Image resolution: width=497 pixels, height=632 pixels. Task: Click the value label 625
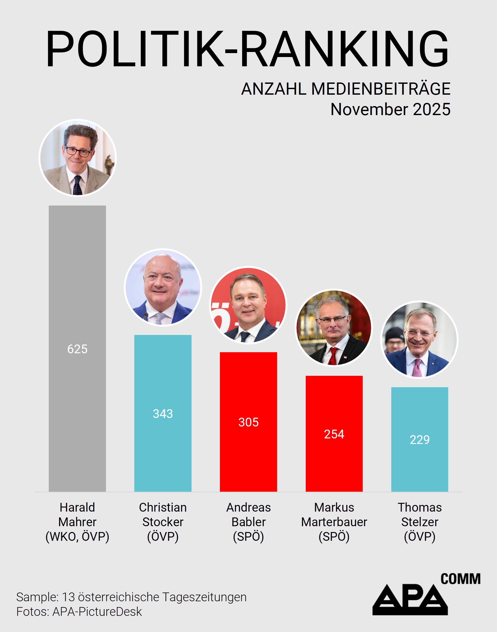pyautogui.click(x=77, y=349)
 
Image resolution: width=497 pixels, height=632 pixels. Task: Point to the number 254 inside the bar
pyautogui.click(x=334, y=434)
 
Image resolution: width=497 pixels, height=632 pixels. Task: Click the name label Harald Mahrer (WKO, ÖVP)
pyautogui.click(x=77, y=522)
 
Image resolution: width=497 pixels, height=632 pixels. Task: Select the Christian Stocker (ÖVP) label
pyautogui.click(x=163, y=522)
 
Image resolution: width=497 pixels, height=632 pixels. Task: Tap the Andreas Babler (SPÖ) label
pyautogui.click(x=248, y=522)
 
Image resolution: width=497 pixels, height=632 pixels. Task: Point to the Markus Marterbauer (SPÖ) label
pyautogui.click(x=334, y=522)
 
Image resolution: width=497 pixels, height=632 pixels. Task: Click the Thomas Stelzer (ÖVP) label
pyautogui.click(x=419, y=522)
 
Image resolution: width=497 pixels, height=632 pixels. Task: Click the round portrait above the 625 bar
pyautogui.click(x=77, y=158)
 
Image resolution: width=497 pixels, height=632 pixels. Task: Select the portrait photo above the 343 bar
pyautogui.click(x=163, y=287)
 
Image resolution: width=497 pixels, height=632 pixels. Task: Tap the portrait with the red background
pyautogui.click(x=248, y=305)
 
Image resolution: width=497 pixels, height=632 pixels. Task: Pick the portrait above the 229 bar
pyautogui.click(x=419, y=339)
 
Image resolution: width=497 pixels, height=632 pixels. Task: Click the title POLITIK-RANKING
pyautogui.click(x=247, y=49)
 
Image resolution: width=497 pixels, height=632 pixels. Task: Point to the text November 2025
pyautogui.click(x=390, y=110)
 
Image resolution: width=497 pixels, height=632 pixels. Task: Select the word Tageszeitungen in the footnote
pyautogui.click(x=204, y=597)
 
